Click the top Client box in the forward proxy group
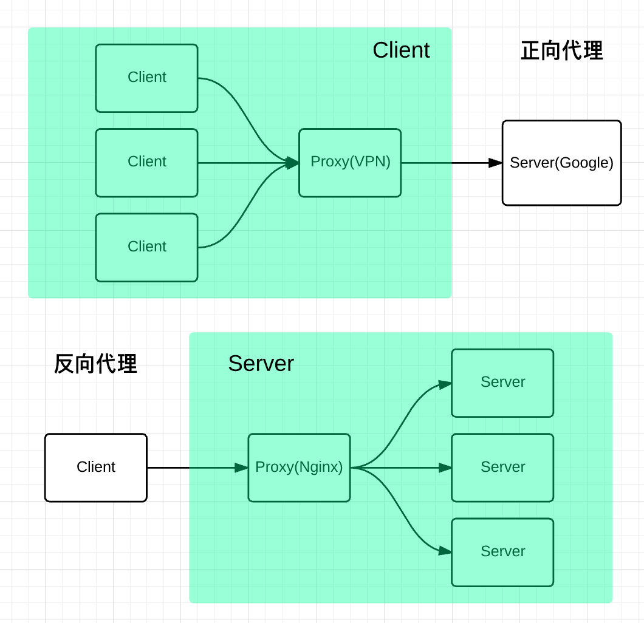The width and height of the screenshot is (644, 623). coord(146,78)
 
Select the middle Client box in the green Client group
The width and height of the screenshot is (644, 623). coord(146,162)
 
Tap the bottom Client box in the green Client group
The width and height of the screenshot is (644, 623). coord(146,247)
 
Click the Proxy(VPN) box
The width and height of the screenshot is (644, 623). coord(350,162)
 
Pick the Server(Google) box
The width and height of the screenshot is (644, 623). coord(561,163)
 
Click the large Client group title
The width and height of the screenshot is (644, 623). coord(401,50)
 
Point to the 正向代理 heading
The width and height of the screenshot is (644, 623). coord(561,51)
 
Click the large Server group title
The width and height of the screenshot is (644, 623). coord(261,363)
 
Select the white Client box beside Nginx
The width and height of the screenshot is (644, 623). coord(95,467)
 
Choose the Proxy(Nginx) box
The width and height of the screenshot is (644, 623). coord(299,467)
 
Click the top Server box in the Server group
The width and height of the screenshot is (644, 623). coord(502,383)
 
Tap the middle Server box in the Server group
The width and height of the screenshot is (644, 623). coord(502,467)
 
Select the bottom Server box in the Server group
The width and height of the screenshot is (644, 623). coord(502,552)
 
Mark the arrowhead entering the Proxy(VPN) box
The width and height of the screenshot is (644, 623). coord(292,163)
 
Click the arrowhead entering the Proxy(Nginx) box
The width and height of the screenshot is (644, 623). coord(241,468)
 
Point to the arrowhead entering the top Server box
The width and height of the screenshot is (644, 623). coord(445,384)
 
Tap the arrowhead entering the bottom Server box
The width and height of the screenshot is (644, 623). coord(445,551)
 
